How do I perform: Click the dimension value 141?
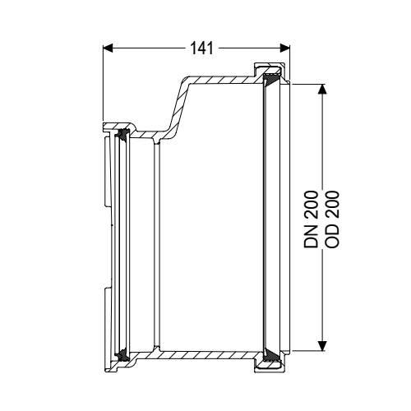(x=199, y=48)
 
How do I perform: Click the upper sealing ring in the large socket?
(x=270, y=79)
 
